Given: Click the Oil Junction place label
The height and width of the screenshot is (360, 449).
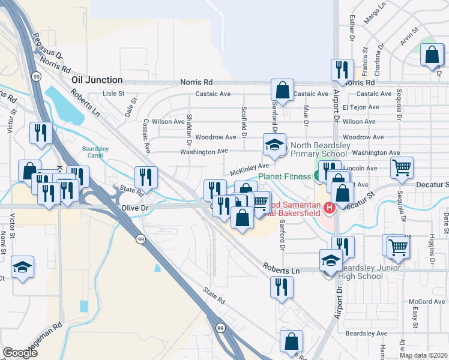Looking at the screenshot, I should pyautogui.click(x=97, y=80).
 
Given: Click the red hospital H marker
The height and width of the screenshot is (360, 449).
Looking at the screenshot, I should pyautogui.click(x=328, y=208).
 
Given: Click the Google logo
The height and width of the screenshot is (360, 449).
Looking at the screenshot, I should pyautogui.click(x=20, y=352).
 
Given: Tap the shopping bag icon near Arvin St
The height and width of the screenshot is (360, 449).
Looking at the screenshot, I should pyautogui.click(x=432, y=56).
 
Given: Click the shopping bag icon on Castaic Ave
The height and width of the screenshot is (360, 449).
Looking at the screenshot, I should pyautogui.click(x=282, y=91).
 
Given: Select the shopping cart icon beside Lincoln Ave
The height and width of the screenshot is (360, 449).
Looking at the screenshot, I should pyautogui.click(x=402, y=167).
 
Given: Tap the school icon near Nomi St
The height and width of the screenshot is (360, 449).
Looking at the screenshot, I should pyautogui.click(x=23, y=267).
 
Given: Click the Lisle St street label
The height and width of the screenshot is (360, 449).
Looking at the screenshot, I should pyautogui.click(x=113, y=94).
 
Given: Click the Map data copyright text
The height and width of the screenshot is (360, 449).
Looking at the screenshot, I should pyautogui.click(x=424, y=355).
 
